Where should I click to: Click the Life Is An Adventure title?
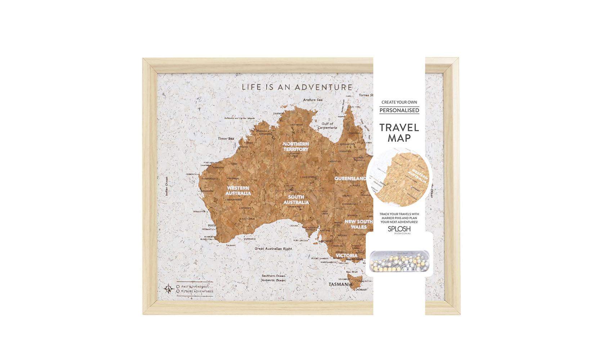pyautogui.click(x=297, y=87)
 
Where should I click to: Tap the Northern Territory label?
pyautogui.click(x=296, y=146)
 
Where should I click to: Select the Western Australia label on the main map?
pyautogui.click(x=238, y=190)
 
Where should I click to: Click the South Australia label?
pyautogui.click(x=296, y=199)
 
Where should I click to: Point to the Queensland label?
pyautogui.click(x=350, y=179)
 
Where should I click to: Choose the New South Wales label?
pyautogui.click(x=359, y=224)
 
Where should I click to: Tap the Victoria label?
pyautogui.click(x=346, y=256)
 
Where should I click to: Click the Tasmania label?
pyautogui.click(x=340, y=284)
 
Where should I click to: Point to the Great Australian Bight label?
pyautogui.click(x=273, y=249)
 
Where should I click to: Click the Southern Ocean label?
pyautogui.click(x=273, y=278)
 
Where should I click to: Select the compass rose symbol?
pyautogui.click(x=168, y=289)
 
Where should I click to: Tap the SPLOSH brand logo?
pyautogui.click(x=399, y=229)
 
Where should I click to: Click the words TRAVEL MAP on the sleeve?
pyautogui.click(x=399, y=132)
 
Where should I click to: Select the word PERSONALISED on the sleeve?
pyautogui.click(x=399, y=110)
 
